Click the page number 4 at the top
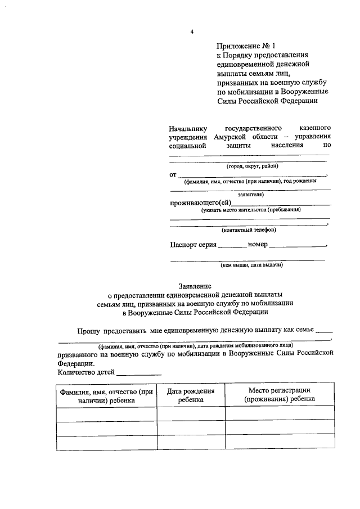click(192, 32)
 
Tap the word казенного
click(312, 128)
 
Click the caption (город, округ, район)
click(253, 166)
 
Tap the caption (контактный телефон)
click(249, 229)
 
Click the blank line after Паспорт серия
click(232, 246)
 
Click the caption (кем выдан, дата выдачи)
click(251, 264)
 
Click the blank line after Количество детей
click(138, 373)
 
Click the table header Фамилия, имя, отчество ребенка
click(106, 395)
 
